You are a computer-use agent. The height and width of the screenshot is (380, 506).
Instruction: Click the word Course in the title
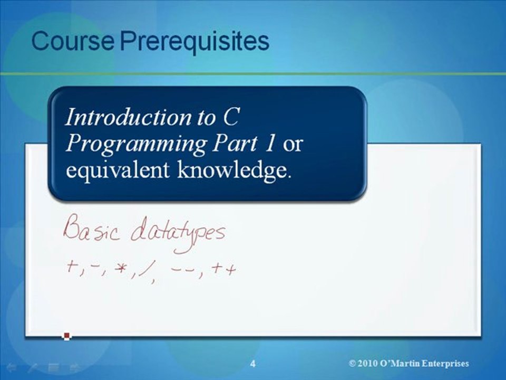click(73, 42)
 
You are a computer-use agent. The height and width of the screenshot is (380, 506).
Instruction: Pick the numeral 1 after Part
click(269, 144)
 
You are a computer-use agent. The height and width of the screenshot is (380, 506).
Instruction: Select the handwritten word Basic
click(88, 231)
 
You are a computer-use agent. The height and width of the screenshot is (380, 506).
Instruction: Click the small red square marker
click(66, 336)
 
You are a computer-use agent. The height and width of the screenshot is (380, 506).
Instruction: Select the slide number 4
click(253, 364)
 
